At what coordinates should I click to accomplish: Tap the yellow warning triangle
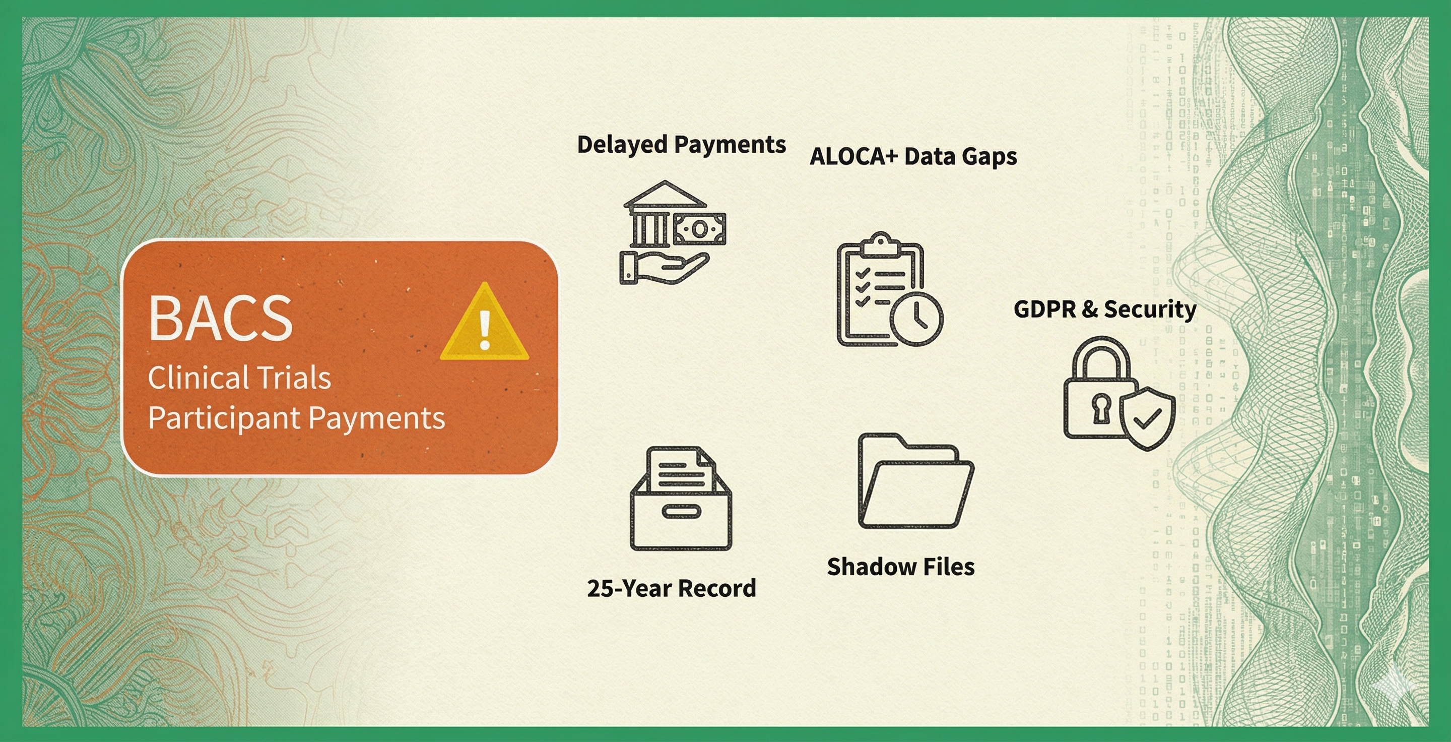point(484,322)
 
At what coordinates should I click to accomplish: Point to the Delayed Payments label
point(682,145)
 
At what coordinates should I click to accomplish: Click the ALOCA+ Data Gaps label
point(913,157)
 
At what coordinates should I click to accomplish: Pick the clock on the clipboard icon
point(916,318)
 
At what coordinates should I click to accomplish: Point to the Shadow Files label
point(901,567)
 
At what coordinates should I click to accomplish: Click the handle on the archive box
point(681,512)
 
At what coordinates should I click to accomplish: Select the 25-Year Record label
point(672,588)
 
